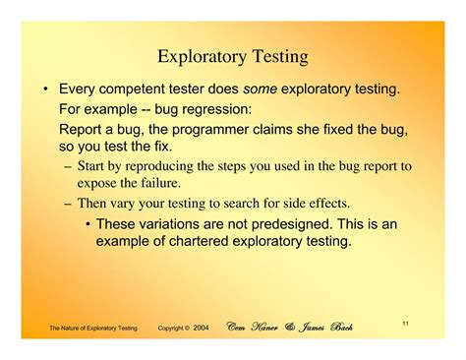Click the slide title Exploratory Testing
[233, 57]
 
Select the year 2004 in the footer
[202, 327]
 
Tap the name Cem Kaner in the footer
[255, 326]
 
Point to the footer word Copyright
[173, 327]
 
